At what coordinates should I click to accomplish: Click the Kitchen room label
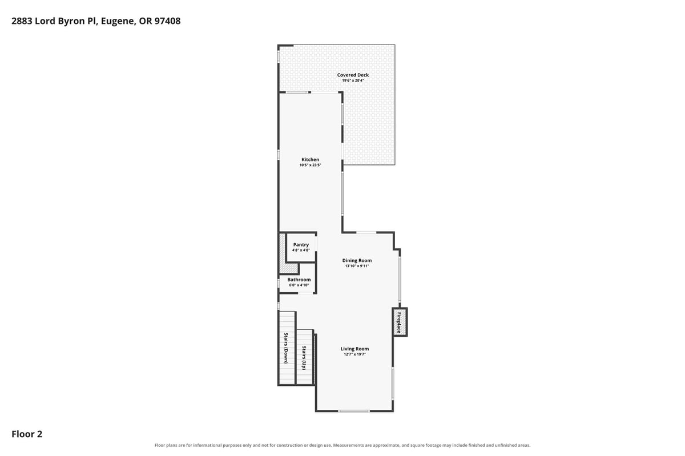click(310, 159)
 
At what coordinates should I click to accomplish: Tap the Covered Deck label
click(353, 75)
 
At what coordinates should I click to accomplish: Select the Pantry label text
click(301, 245)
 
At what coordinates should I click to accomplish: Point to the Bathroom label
click(299, 280)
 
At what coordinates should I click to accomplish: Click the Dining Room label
click(357, 261)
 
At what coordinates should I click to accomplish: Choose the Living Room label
click(354, 349)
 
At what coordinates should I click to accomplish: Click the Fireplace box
click(400, 322)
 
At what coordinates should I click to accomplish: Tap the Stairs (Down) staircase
click(287, 348)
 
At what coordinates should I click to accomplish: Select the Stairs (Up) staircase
click(305, 357)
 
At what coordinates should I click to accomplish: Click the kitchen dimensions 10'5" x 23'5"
click(310, 165)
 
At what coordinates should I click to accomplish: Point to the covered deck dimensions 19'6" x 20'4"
click(353, 80)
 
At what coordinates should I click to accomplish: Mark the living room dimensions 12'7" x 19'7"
click(354, 354)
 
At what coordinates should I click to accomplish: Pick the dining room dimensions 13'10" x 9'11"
click(357, 266)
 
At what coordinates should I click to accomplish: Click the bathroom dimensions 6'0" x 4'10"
click(299, 285)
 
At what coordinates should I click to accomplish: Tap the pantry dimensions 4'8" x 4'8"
click(301, 250)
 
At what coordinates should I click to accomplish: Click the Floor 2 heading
click(27, 434)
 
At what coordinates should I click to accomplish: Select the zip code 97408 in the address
click(167, 21)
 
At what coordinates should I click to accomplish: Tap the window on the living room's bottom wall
click(354, 411)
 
